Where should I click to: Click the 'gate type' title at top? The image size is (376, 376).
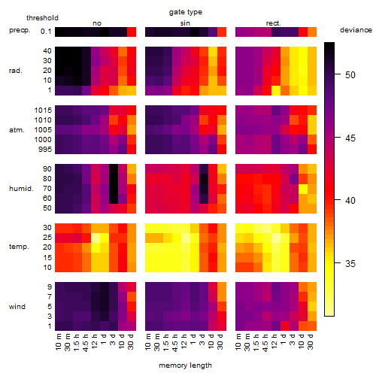pyautogui.click(x=186, y=12)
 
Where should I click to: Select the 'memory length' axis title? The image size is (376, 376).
pyautogui.click(x=185, y=365)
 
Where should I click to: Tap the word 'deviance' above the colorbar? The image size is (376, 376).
pyautogui.click(x=356, y=30)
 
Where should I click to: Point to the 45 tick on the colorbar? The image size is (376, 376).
pyautogui.click(x=338, y=138)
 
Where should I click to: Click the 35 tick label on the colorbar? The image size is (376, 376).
pyautogui.click(x=350, y=263)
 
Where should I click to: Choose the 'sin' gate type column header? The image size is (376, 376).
pyautogui.click(x=185, y=23)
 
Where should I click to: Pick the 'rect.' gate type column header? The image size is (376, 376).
pyautogui.click(x=274, y=23)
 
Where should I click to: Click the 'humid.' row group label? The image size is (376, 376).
pyautogui.click(x=21, y=189)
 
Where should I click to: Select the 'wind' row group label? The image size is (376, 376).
pyautogui.click(x=17, y=307)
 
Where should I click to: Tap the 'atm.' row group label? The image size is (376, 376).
pyautogui.click(x=17, y=130)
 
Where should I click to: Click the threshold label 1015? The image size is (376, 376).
pyautogui.click(x=43, y=111)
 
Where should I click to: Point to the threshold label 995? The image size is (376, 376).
pyautogui.click(x=45, y=150)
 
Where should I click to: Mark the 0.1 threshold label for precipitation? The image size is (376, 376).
pyautogui.click(x=46, y=32)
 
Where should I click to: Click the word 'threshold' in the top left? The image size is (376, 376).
pyautogui.click(x=42, y=18)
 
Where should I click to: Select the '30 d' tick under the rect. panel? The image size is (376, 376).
pyautogui.click(x=311, y=341)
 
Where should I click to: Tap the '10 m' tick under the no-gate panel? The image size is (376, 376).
pyautogui.click(x=58, y=341)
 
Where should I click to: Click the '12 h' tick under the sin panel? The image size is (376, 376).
pyautogui.click(x=184, y=341)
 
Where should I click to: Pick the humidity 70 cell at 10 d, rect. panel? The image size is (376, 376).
pyautogui.click(x=303, y=189)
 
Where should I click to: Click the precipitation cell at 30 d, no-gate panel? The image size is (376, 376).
pyautogui.click(x=132, y=32)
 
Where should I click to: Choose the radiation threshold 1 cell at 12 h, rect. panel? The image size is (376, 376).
pyautogui.click(x=276, y=90)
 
